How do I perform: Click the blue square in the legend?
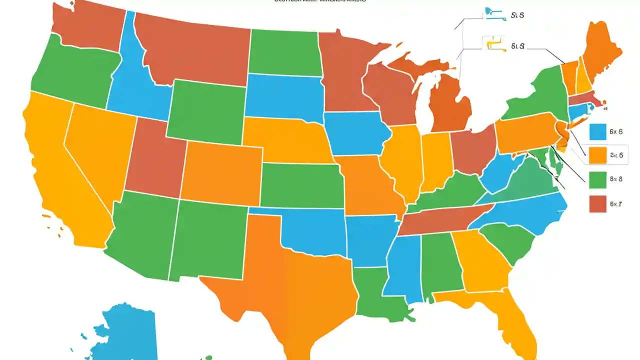click(x=597, y=132)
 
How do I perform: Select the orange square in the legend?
click(x=597, y=155)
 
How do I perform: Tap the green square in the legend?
click(x=597, y=179)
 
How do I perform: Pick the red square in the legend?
click(x=597, y=203)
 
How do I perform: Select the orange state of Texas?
click(x=290, y=280)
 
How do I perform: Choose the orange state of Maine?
click(x=600, y=55)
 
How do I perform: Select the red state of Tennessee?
click(x=435, y=220)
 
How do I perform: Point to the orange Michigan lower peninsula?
click(x=450, y=105)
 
